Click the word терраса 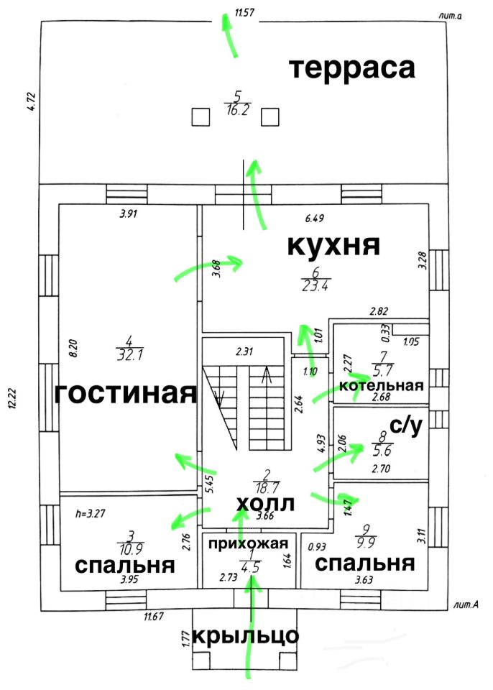point(352,68)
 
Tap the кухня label point(333,245)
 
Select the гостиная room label point(126,394)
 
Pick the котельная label point(381,385)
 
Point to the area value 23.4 point(314,285)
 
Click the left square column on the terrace point(201,116)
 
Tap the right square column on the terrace point(270,116)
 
